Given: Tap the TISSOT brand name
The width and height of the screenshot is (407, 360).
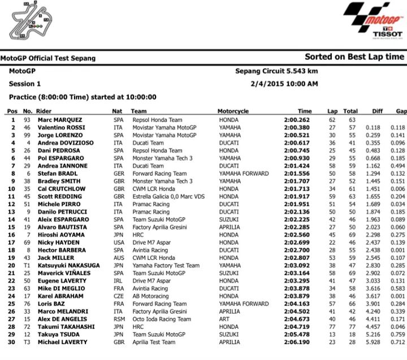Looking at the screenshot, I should (388, 33).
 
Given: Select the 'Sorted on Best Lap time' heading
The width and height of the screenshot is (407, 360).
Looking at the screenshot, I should (354, 57).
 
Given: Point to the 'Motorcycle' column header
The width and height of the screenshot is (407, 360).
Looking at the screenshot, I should (233, 111).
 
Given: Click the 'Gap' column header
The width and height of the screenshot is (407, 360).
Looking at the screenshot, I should (401, 111).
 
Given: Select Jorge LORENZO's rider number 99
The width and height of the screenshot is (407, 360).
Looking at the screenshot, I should (27, 136).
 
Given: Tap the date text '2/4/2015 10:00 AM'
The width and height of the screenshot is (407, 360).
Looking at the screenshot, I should (285, 84).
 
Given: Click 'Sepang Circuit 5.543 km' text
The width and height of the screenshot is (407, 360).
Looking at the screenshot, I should (276, 71).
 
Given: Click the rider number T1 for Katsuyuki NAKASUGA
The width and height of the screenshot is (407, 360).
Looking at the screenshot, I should (26, 266).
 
